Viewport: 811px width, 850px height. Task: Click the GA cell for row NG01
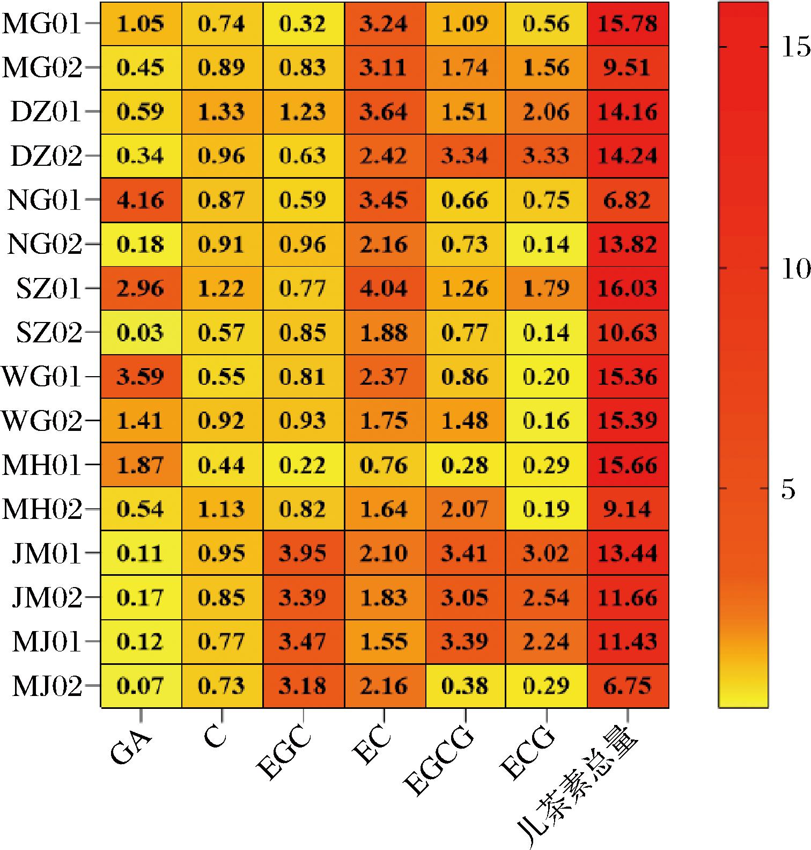141,200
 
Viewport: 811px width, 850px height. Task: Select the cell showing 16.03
628,288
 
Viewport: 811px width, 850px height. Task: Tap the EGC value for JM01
303,553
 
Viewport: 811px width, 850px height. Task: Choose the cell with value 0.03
141,333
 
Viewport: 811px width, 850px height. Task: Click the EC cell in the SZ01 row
384,288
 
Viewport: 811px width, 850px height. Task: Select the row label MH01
42,465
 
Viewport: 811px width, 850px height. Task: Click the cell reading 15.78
628,24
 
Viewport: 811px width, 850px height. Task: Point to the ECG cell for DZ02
546,156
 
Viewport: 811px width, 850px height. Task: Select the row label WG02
42,421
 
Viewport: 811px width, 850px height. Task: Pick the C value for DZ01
222,112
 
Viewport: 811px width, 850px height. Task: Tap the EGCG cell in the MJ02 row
465,685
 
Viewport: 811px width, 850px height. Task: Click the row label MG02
42,68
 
